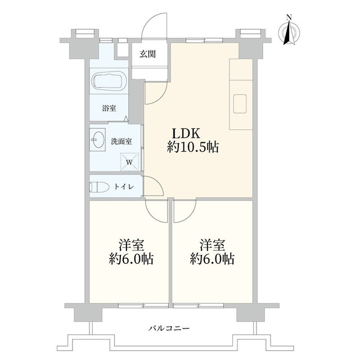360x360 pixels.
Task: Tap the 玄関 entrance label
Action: click(x=148, y=54)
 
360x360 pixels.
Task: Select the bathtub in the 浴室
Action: click(x=109, y=82)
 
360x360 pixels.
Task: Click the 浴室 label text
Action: click(x=109, y=109)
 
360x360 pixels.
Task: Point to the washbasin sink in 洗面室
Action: click(x=98, y=139)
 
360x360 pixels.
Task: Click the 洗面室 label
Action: click(x=121, y=141)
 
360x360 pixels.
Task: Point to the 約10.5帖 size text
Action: click(x=192, y=148)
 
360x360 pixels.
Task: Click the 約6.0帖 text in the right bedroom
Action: click(x=212, y=259)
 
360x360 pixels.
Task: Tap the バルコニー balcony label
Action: click(x=169, y=327)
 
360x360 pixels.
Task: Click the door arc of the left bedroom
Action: click(x=154, y=210)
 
